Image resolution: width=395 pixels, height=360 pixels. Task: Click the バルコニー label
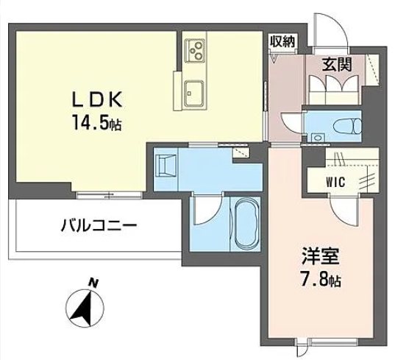pos(97,226)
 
